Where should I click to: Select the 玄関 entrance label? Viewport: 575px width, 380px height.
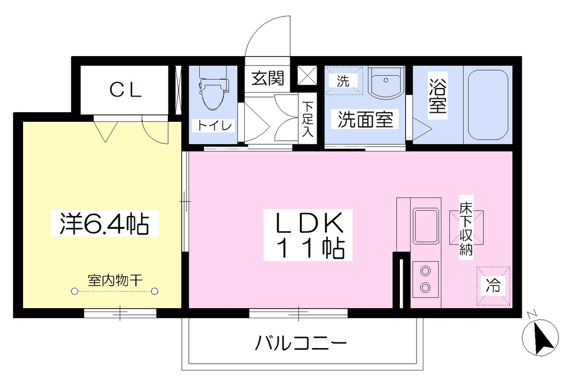coord(268,78)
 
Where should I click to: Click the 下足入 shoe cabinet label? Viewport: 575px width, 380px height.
coord(308,119)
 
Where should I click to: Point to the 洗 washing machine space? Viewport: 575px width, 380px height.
coord(344,81)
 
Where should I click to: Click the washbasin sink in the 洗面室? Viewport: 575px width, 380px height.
coord(385,83)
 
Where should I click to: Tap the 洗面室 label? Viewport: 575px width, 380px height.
coord(365,120)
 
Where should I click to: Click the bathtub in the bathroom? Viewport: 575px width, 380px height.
coord(488,105)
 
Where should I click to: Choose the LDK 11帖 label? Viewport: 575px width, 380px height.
coord(308,235)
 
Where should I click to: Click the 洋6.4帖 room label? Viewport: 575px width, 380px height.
coord(104,223)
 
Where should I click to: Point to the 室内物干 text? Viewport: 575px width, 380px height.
coord(115,281)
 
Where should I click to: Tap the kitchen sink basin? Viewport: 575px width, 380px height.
coord(426,226)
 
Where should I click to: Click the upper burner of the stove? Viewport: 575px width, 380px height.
coord(426,271)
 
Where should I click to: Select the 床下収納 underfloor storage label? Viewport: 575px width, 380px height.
coord(466,228)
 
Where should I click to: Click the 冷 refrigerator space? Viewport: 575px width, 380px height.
coord(493,286)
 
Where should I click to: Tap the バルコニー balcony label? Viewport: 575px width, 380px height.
coord(301,344)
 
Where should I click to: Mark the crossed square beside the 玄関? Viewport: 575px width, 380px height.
coord(307,75)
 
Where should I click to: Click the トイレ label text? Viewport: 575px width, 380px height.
coord(215,126)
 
